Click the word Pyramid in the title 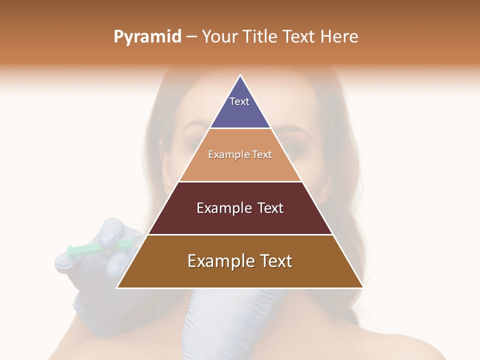click(147, 37)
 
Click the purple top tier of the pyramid click(240, 112)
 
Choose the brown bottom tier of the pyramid click(240, 275)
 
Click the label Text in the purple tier click(239, 101)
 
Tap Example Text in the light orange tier click(240, 154)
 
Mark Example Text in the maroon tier click(240, 208)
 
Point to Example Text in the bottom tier click(240, 261)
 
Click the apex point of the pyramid click(240, 75)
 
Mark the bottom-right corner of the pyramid click(362, 287)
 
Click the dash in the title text click(191, 37)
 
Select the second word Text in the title click(300, 37)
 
